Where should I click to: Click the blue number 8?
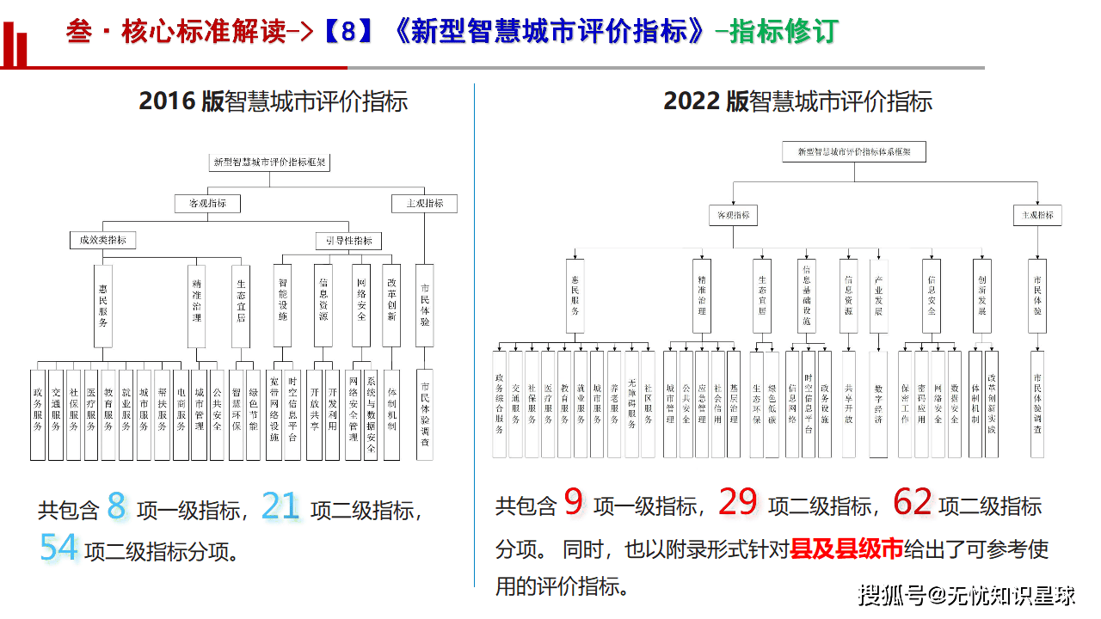coord(116,507)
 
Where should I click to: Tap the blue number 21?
coord(280,507)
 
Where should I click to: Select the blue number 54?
coord(58,548)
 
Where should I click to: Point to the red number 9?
coord(574,503)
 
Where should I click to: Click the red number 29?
coord(737,503)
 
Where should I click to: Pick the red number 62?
coord(912,503)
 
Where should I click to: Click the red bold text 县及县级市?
coord(846,549)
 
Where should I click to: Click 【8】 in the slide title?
coord(348,32)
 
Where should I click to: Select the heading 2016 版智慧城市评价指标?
coord(273,101)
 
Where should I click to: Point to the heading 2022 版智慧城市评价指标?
coord(797,101)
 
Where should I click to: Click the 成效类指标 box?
coord(103,241)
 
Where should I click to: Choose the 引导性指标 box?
coord(348,241)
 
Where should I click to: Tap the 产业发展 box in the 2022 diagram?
coord(878,297)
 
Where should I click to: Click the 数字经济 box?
coord(878,403)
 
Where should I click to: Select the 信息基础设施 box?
coord(806,297)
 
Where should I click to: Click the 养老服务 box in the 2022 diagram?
coord(613,403)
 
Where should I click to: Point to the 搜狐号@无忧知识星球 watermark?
coord(968,594)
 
